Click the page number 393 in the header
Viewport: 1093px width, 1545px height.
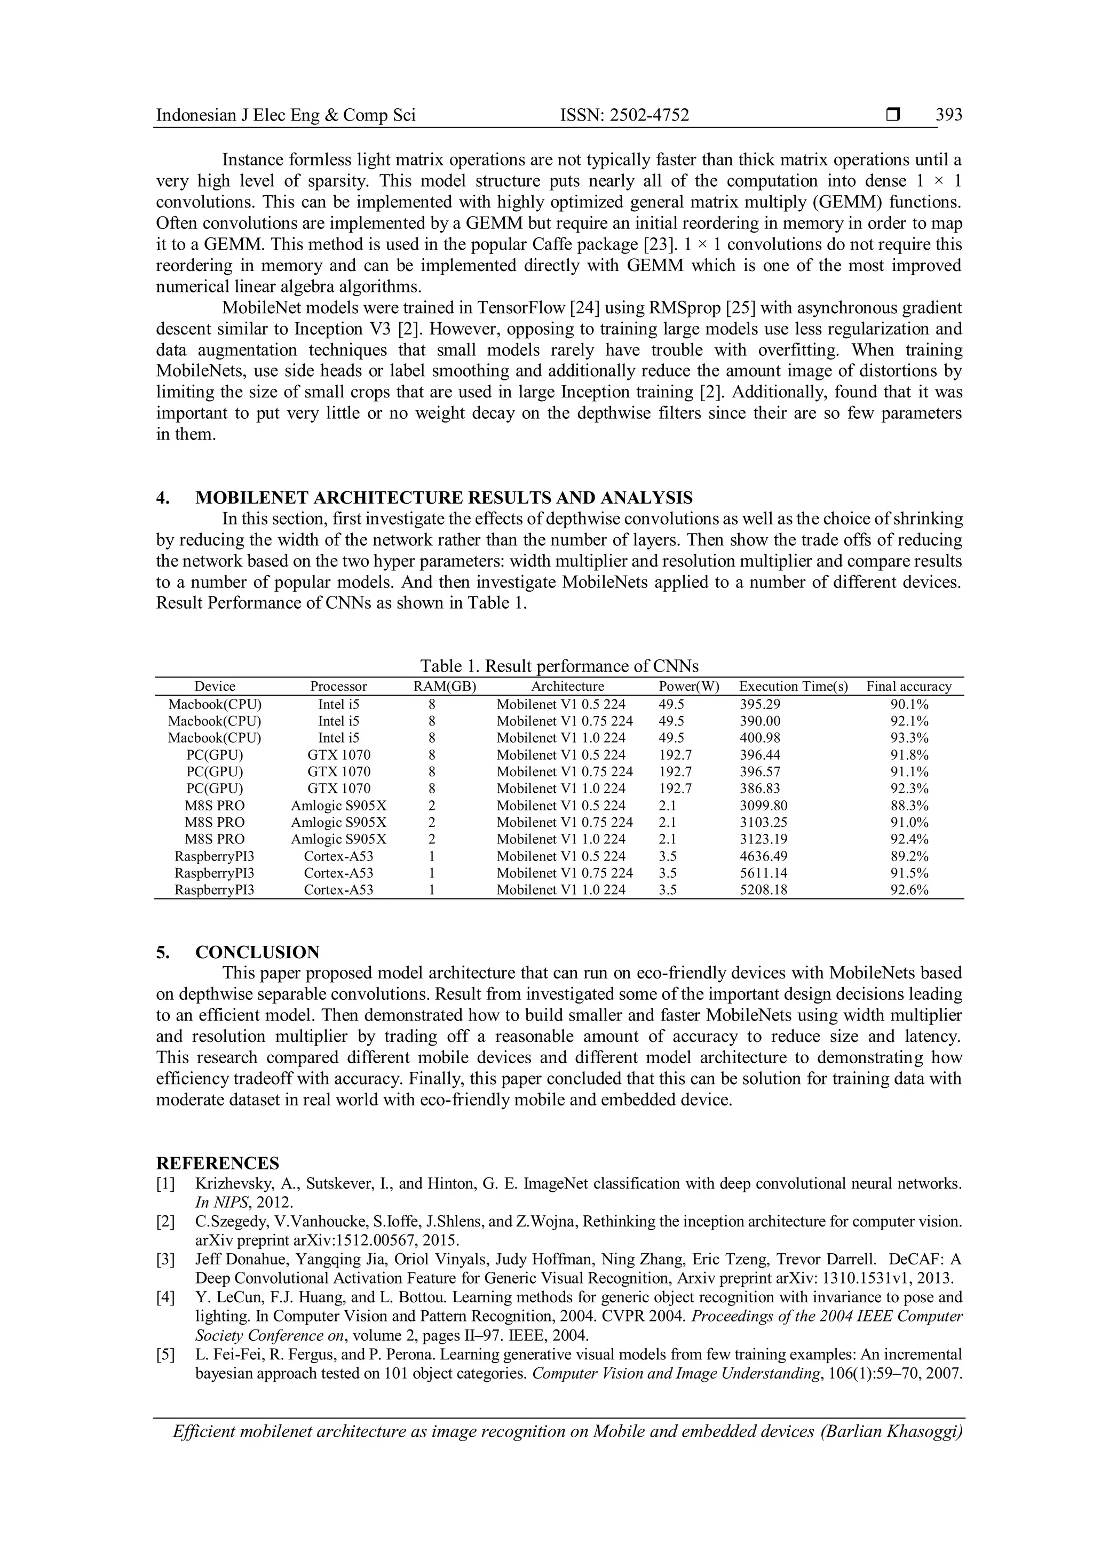click(x=948, y=115)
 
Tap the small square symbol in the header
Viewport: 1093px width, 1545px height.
click(x=893, y=115)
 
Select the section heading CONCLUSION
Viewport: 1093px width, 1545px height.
click(x=257, y=952)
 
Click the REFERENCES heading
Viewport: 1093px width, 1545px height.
click(x=217, y=1164)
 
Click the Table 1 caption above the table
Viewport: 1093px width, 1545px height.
click(x=559, y=666)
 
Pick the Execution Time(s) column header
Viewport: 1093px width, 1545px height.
click(x=794, y=687)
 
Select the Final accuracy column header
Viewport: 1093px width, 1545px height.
click(x=908, y=687)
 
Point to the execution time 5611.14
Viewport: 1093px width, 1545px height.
click(x=763, y=873)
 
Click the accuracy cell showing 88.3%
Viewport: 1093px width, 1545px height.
click(x=909, y=806)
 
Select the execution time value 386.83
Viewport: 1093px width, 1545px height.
click(x=760, y=789)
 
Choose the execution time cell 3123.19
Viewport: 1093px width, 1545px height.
click(x=763, y=839)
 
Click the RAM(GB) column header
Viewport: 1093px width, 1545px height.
click(x=444, y=687)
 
